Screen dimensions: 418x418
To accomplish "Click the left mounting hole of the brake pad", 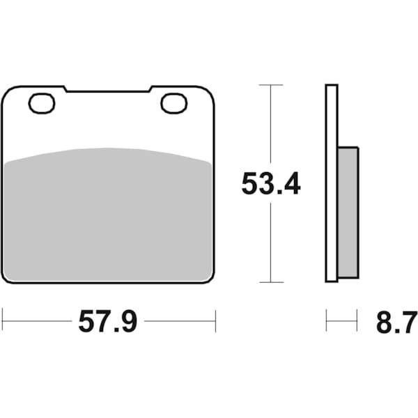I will click(x=42, y=103).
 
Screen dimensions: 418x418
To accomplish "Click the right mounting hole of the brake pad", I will click(x=174, y=103).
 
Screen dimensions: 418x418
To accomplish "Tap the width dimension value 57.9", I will click(x=108, y=321).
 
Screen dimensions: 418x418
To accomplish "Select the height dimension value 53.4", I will click(x=271, y=183).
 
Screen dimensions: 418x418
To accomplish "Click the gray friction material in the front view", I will click(x=108, y=216).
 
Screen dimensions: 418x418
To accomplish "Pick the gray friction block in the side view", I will click(x=348, y=209).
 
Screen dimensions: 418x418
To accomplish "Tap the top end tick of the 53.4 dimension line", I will click(x=271, y=85).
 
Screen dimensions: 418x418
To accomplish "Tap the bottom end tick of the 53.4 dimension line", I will click(x=271, y=282).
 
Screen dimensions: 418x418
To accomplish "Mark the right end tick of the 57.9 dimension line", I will click(x=215, y=321).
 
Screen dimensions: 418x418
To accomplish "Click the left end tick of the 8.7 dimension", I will click(x=326, y=321).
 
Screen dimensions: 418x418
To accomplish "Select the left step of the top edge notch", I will click(x=66, y=89).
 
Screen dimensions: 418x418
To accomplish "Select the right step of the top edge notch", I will click(x=150, y=89).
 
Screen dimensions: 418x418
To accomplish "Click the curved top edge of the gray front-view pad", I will click(x=108, y=148).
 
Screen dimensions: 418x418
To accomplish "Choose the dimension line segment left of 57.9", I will click(x=38, y=321).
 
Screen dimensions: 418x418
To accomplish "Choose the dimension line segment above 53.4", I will click(x=271, y=125).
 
